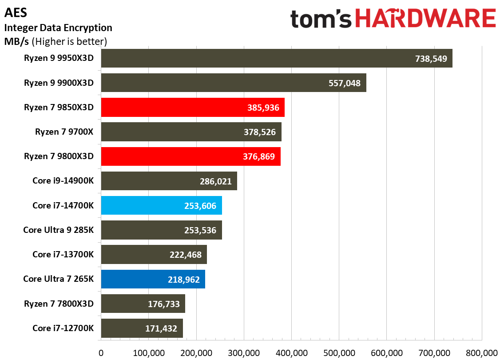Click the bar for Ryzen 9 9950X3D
point(276,58)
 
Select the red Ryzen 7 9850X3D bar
point(192,108)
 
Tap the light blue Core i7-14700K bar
point(161,205)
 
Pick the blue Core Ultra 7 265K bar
point(153,279)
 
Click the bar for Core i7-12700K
point(142,328)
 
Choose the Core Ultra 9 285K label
point(58,230)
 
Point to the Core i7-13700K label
point(63,255)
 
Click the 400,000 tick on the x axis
point(291,352)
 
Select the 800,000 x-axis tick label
point(482,352)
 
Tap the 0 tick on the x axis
point(101,352)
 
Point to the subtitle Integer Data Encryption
point(58,28)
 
